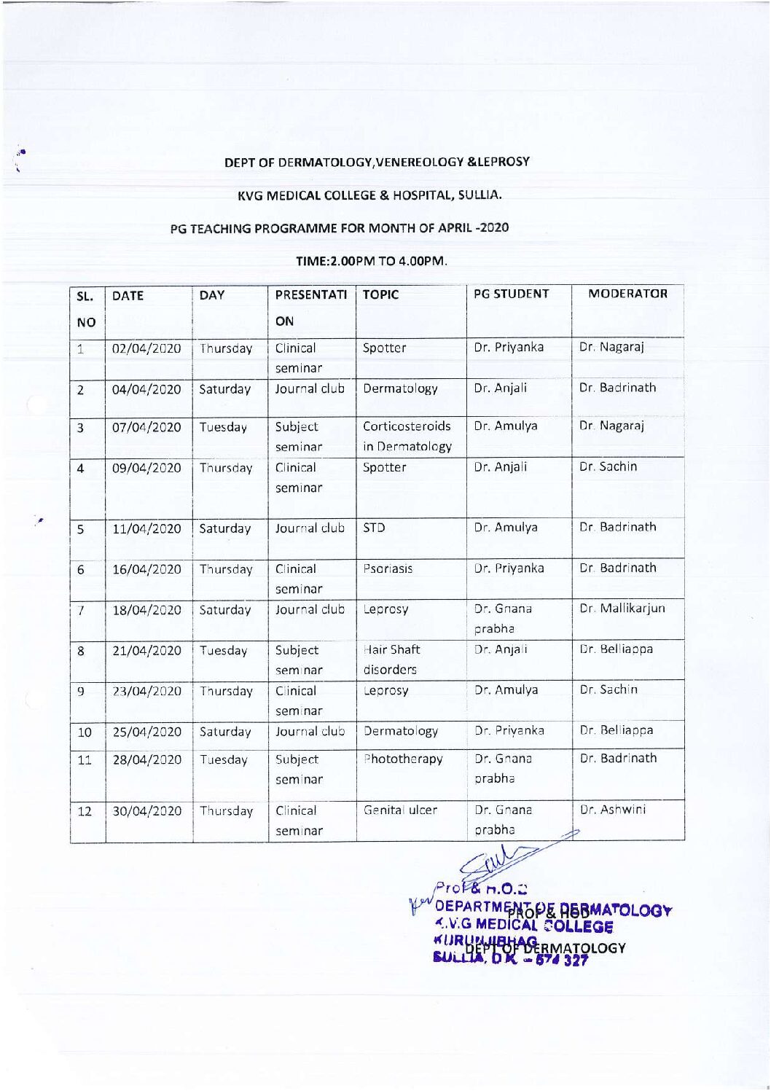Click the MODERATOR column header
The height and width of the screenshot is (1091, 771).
click(627, 294)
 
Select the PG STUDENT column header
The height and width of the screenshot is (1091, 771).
click(511, 294)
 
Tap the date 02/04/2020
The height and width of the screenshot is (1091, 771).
click(146, 348)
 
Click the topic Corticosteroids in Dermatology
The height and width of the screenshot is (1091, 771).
click(407, 436)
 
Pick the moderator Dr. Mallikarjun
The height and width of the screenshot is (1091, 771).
click(622, 608)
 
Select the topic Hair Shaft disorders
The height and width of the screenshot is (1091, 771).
click(391, 659)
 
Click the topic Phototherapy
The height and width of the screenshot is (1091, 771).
click(403, 759)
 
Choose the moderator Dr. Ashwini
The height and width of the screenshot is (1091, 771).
click(612, 809)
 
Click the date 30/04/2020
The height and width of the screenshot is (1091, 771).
click(146, 811)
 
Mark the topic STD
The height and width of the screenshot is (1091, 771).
click(374, 528)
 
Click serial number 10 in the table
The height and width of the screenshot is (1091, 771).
click(85, 732)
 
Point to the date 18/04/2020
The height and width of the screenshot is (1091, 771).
click(146, 610)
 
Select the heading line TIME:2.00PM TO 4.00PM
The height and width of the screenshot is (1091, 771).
click(372, 260)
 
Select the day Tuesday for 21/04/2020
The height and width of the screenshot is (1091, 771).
click(224, 651)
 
